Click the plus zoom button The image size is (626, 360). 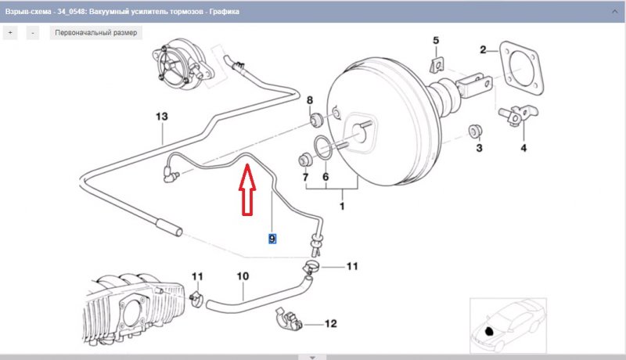(11, 33)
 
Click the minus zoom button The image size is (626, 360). (33, 33)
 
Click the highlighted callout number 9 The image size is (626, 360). (272, 238)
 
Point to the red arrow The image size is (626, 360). (247, 188)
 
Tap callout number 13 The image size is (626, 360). (161, 117)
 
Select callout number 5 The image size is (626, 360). (437, 40)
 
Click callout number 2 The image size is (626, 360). (484, 50)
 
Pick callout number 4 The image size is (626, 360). (523, 146)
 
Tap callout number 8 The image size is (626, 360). (309, 100)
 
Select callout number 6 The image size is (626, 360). (326, 177)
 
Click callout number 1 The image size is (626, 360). (341, 207)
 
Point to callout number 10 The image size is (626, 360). (242, 275)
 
